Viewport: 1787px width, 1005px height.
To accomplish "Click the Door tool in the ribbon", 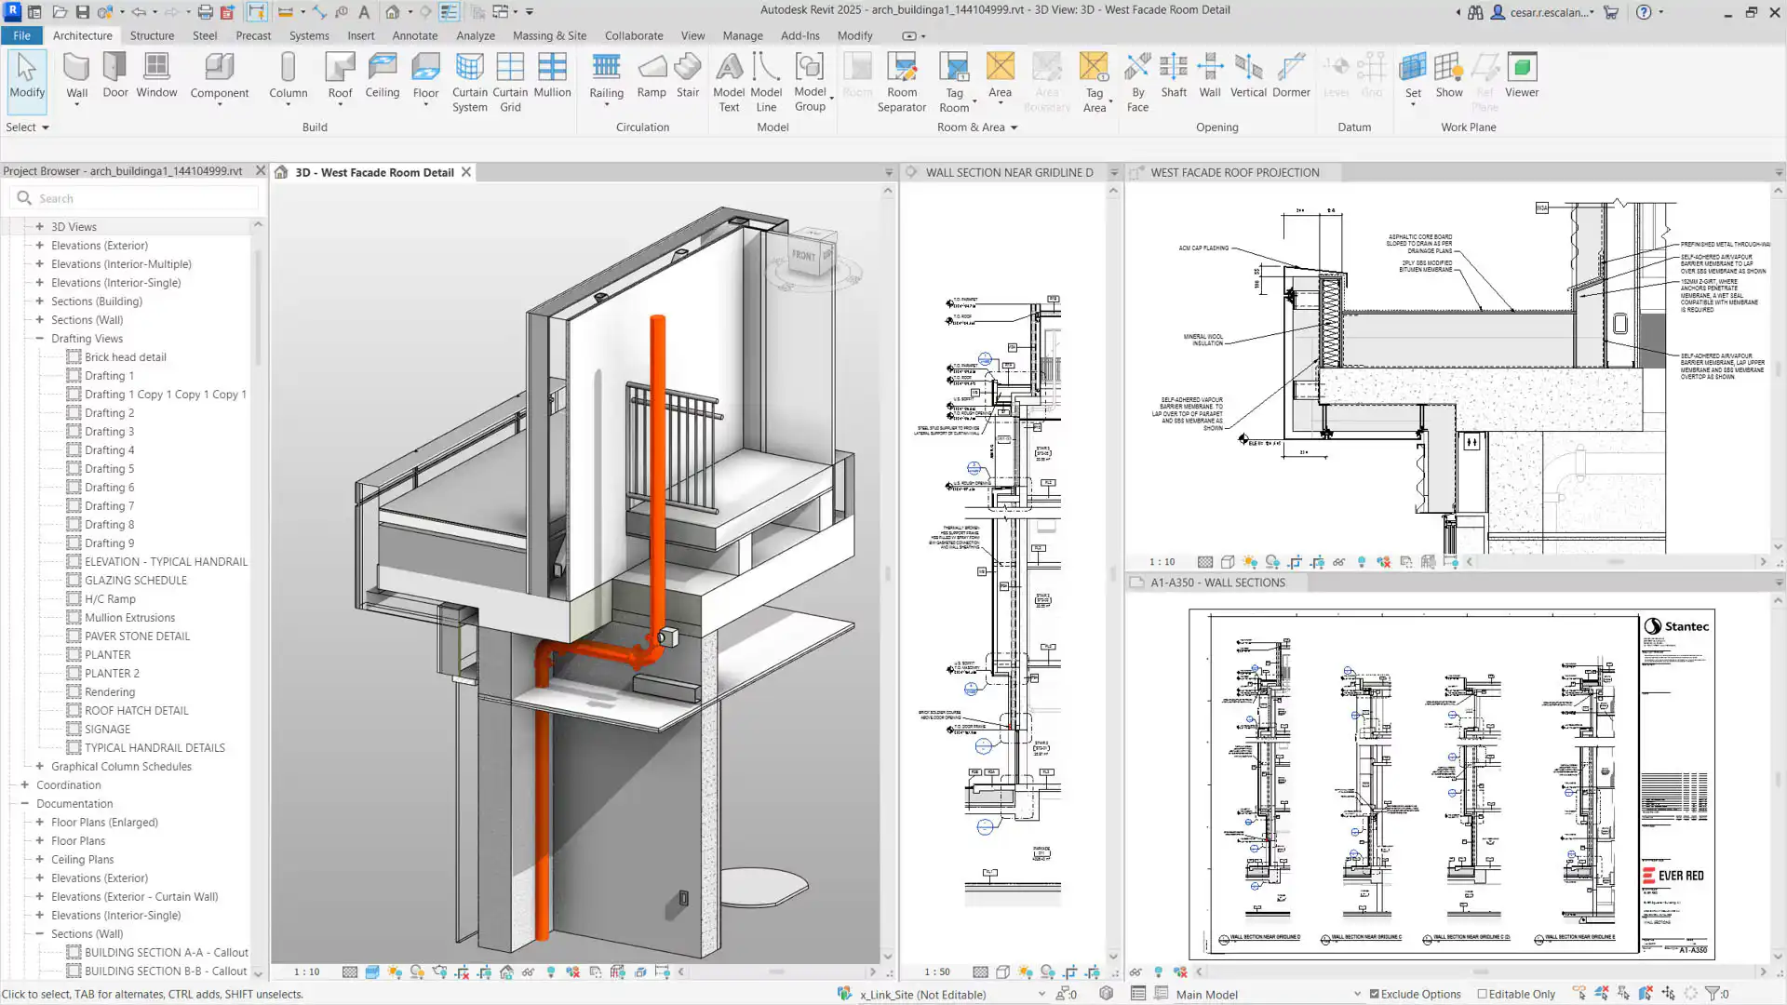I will [115, 74].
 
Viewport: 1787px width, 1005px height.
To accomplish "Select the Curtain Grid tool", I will [510, 79].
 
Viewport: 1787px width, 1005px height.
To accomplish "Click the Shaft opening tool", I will [1174, 74].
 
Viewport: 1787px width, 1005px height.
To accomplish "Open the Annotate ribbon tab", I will [415, 35].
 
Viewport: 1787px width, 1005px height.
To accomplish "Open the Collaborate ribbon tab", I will [634, 35].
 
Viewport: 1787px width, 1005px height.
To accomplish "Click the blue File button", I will [21, 35].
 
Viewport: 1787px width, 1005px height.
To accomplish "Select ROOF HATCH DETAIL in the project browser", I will [136, 710].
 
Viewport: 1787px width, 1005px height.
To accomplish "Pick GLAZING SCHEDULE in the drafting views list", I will [136, 580].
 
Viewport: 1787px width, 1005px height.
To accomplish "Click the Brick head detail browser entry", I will [126, 356].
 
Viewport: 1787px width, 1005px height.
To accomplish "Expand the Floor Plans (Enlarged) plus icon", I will [40, 822].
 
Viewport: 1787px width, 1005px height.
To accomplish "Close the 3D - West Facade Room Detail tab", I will [466, 172].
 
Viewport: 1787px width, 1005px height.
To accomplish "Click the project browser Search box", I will [140, 198].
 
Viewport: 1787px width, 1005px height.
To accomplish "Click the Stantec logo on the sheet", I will [1676, 626].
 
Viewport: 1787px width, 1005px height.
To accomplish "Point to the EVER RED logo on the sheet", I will [1673, 876].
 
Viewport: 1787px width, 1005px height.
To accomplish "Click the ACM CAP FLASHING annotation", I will [1203, 248].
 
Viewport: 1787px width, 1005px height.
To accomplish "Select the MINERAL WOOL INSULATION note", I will [1203, 340].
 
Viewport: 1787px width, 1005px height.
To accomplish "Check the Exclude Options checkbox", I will [1374, 994].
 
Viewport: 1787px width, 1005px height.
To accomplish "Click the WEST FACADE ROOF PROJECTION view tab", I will [1234, 172].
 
